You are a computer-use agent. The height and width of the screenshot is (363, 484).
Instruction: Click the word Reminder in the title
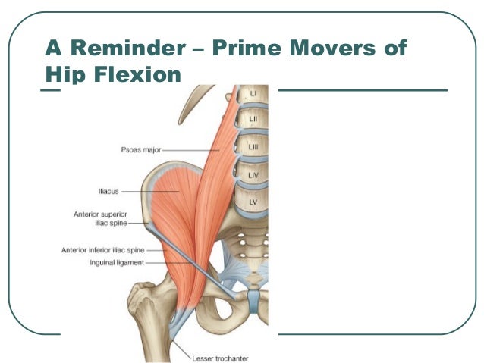pos(127,48)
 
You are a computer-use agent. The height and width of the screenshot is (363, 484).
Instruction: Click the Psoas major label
pos(141,150)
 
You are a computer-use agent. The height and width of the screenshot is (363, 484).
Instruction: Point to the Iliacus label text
pos(108,192)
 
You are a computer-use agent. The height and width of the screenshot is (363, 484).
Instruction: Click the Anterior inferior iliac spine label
pos(102,250)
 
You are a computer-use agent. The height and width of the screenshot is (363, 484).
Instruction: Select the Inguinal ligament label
pos(117,263)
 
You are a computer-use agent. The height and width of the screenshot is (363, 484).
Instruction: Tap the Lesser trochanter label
pos(220,358)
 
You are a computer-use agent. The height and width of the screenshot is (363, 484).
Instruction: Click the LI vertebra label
pos(253,92)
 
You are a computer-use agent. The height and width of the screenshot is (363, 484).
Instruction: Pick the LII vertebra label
pos(253,119)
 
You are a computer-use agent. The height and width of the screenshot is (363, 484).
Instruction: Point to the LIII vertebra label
pos(253,147)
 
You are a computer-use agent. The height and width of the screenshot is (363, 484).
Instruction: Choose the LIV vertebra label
pos(253,175)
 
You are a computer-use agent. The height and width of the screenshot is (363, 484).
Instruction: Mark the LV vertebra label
pos(253,202)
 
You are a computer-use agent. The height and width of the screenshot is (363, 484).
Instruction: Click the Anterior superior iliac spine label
pos(100,218)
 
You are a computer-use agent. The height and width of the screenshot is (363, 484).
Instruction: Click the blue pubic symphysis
pos(253,301)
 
